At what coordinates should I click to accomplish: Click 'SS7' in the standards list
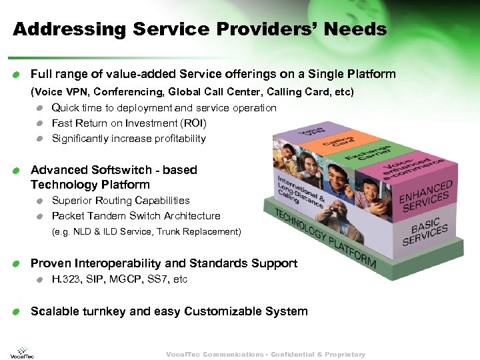click(x=159, y=279)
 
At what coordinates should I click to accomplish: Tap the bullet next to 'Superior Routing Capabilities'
click(x=41, y=201)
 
